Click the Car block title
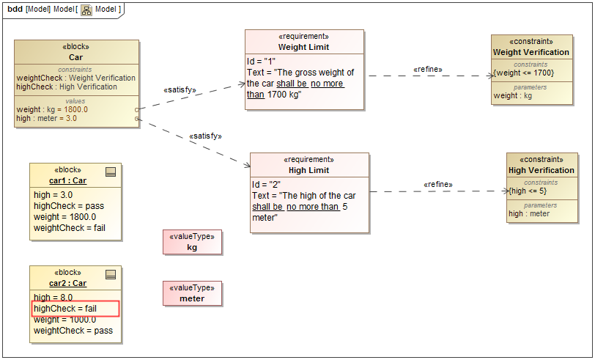[x=76, y=57]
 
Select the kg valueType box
[x=192, y=243]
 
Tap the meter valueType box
[x=192, y=294]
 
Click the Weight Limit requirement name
[x=303, y=47]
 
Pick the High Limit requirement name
[x=308, y=170]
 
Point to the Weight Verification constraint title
[x=531, y=52]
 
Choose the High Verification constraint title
[x=542, y=170]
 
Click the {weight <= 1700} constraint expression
[x=523, y=73]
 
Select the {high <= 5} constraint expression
[x=528, y=191]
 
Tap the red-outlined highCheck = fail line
[x=75, y=309]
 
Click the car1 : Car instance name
[x=68, y=180]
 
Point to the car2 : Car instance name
[x=68, y=283]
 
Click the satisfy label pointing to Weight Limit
[x=180, y=90]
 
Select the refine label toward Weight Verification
[x=428, y=70]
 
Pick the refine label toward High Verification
[x=438, y=184]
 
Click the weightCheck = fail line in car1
[x=70, y=228]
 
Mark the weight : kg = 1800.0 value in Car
[x=52, y=109]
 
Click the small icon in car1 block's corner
[x=111, y=172]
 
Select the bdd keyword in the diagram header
[x=15, y=9]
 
